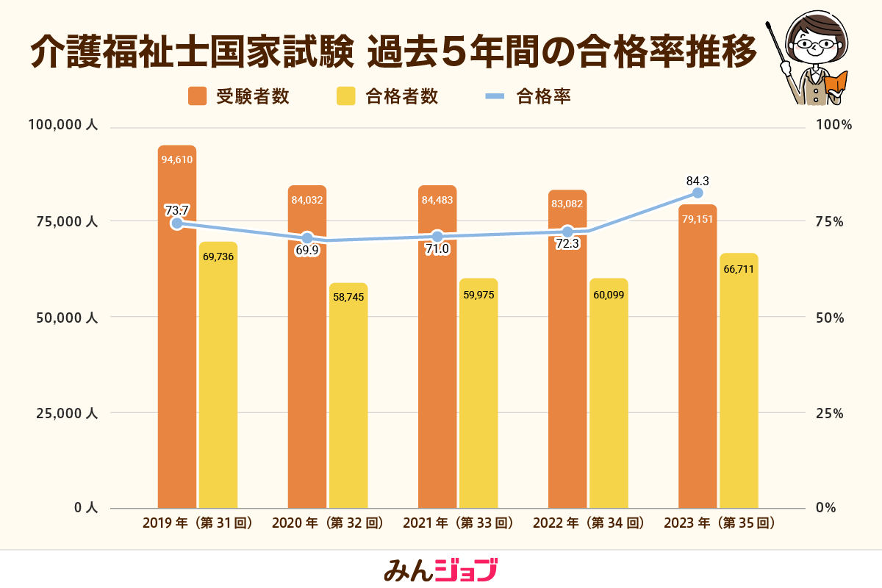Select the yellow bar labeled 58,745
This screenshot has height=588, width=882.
click(348, 397)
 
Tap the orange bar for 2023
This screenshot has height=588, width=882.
click(698, 367)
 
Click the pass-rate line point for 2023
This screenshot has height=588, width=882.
click(698, 193)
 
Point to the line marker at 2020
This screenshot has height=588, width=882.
click(307, 238)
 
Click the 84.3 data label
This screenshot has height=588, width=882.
click(698, 180)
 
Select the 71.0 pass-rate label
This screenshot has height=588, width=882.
click(437, 249)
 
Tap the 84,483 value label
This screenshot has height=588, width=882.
click(437, 199)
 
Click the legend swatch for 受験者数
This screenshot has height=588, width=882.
click(197, 96)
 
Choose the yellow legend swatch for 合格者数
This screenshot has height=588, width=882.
click(345, 96)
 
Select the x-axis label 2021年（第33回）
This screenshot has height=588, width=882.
click(458, 523)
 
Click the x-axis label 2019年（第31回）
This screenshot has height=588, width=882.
click(198, 523)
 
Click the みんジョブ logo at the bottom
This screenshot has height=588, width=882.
click(441, 570)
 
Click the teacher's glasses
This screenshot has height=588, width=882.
click(817, 44)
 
